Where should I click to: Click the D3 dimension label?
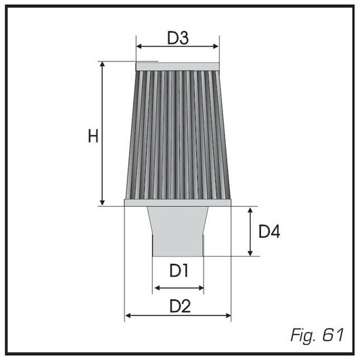click(x=177, y=38)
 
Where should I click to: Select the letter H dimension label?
click(x=94, y=137)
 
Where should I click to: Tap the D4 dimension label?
click(x=270, y=232)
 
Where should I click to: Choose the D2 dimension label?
click(x=179, y=305)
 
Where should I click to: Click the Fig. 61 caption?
click(x=316, y=335)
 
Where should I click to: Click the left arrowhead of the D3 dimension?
click(x=139, y=46)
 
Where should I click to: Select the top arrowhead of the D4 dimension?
click(x=250, y=210)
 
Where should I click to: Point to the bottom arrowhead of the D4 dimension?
click(x=250, y=253)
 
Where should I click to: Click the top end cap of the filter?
click(x=177, y=66)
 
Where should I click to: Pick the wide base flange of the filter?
click(x=177, y=202)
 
